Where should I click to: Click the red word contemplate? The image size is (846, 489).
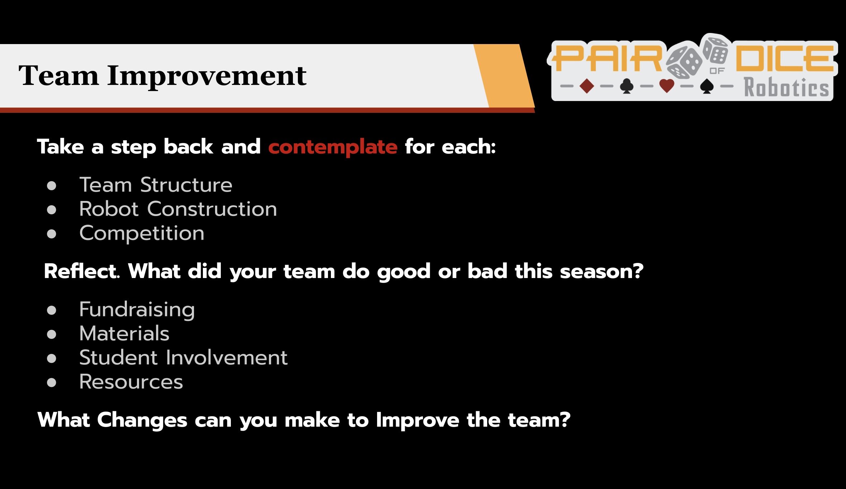click(333, 147)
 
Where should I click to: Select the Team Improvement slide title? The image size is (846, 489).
click(162, 76)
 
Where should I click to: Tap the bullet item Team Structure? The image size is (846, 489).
click(156, 185)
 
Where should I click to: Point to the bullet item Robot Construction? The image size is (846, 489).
click(178, 209)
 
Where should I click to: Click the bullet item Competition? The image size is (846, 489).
click(142, 234)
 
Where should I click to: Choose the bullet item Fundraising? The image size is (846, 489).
click(137, 310)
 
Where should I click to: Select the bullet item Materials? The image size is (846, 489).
click(124, 334)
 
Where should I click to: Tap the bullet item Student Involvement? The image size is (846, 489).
click(184, 358)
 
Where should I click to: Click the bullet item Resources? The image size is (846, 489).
click(131, 382)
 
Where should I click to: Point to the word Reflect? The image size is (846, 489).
click(82, 271)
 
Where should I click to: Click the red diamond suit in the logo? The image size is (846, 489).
click(587, 86)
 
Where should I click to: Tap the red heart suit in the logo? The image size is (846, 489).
click(667, 86)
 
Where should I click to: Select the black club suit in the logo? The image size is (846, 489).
click(627, 86)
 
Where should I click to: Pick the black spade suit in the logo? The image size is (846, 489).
click(707, 86)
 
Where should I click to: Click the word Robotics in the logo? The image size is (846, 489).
click(787, 87)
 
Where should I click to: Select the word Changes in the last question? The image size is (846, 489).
click(142, 420)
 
